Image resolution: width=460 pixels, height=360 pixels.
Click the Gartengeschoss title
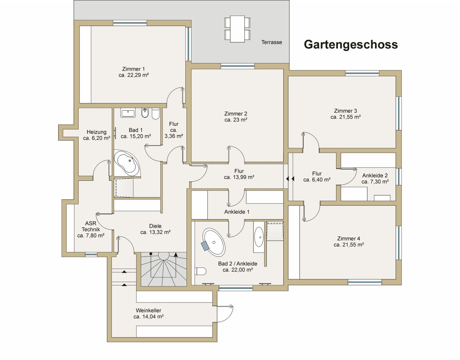[351, 45]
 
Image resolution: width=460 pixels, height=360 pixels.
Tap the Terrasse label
[271, 42]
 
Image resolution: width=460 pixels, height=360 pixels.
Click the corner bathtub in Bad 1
[126, 163]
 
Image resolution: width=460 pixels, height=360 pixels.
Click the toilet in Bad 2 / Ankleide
[201, 271]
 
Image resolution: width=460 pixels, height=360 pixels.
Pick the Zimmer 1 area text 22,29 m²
[134, 75]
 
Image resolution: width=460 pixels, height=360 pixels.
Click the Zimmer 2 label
[235, 114]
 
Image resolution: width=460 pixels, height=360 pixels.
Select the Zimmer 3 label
[345, 111]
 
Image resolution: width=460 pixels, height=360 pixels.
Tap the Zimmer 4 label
[349, 239]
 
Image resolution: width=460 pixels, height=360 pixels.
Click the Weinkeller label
[148, 310]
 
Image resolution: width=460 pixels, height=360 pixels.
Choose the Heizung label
[96, 132]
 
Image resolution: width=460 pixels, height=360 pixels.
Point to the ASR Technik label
[91, 226]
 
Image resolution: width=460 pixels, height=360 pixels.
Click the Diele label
[155, 226]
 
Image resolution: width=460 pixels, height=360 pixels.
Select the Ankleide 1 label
[236, 212]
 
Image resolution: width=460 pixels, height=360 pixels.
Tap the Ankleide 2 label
[375, 176]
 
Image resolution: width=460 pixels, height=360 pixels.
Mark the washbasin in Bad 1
[128, 114]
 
